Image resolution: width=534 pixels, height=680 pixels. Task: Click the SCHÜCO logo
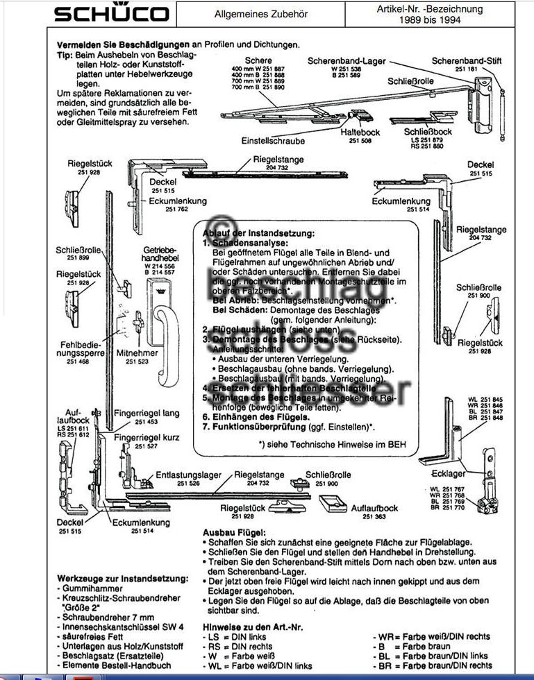pyautogui.click(x=111, y=14)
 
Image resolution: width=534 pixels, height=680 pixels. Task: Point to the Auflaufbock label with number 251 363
pyautogui.click(x=374, y=508)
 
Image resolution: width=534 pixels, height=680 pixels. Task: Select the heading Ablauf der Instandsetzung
pyautogui.click(x=258, y=233)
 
